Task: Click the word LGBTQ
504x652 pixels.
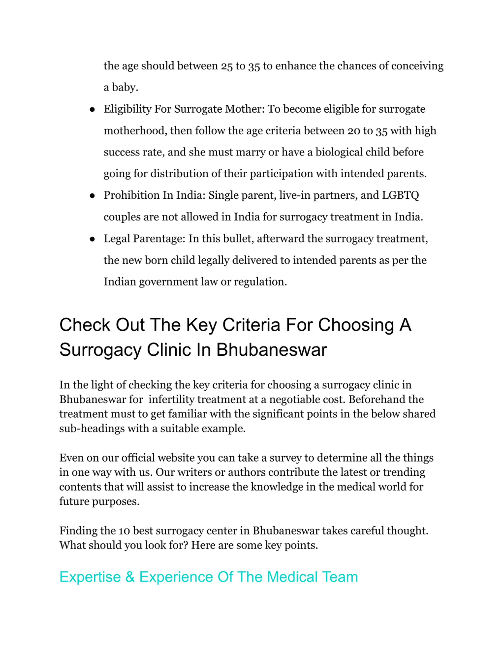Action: pos(400,195)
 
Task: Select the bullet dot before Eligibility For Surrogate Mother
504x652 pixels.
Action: pos(92,110)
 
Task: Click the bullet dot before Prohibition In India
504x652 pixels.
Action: pos(92,196)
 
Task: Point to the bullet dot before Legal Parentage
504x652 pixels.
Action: pos(92,239)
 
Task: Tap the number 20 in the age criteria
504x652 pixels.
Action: pos(354,131)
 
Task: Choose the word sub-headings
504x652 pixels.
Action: pos(92,429)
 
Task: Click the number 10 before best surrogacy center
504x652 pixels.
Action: pos(124,531)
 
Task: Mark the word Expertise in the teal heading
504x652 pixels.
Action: pos(90,577)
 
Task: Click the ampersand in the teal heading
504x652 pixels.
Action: pos(130,577)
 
